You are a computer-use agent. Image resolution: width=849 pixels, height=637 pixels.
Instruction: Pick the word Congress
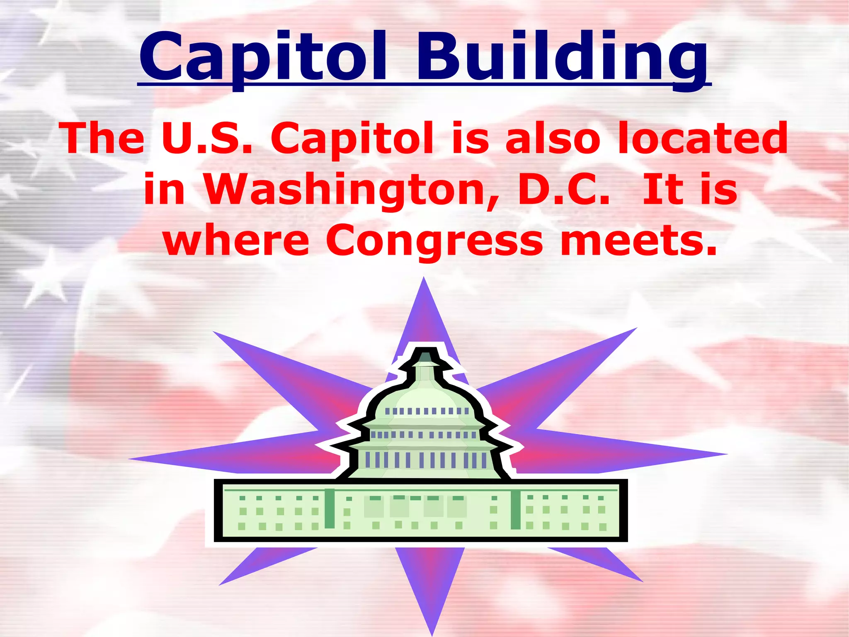[x=434, y=241]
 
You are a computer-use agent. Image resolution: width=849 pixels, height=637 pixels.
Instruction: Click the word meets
[x=638, y=241]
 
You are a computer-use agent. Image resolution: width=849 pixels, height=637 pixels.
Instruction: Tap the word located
[x=703, y=138]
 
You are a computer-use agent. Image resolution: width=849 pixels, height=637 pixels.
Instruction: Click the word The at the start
[x=103, y=138]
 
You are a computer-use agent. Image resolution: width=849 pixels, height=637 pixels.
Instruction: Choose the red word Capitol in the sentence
[x=352, y=138]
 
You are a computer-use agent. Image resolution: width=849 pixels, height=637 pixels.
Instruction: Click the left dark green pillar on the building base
[x=330, y=509]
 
